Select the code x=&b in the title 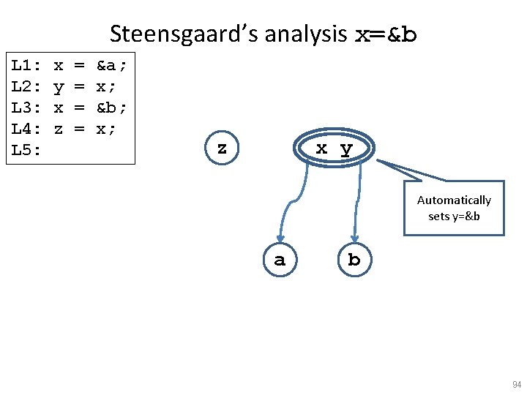click(x=386, y=34)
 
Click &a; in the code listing click(x=112, y=67)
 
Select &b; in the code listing click(x=112, y=108)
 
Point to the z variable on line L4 click(x=59, y=129)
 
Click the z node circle click(x=222, y=148)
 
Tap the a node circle click(x=279, y=259)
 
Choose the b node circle click(x=354, y=259)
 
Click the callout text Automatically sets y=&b click(x=454, y=208)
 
